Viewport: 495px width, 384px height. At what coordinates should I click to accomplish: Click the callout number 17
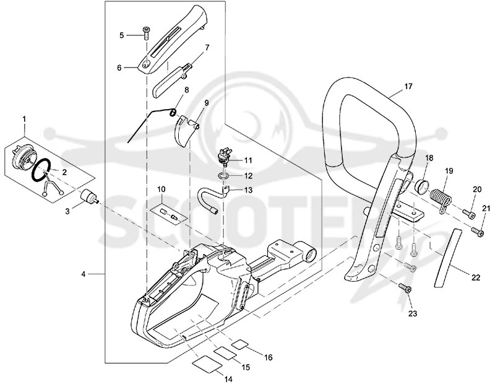pyautogui.click(x=408, y=86)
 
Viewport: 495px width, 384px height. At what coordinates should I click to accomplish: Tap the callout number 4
pyautogui.click(x=84, y=274)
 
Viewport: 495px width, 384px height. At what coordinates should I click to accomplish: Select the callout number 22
pyautogui.click(x=476, y=278)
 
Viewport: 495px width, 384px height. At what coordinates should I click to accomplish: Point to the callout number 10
pyautogui.click(x=161, y=190)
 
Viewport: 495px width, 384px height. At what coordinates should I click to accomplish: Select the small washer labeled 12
pyautogui.click(x=224, y=176)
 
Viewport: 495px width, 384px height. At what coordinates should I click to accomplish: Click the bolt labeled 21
pyautogui.click(x=478, y=232)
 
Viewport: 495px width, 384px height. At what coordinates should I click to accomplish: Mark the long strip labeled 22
pyautogui.click(x=447, y=258)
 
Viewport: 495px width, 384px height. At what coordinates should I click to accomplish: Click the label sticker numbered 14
pyautogui.click(x=207, y=362)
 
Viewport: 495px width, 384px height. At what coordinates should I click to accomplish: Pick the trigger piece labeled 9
pyautogui.click(x=186, y=131)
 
